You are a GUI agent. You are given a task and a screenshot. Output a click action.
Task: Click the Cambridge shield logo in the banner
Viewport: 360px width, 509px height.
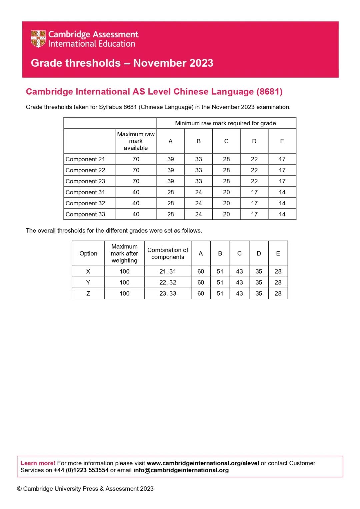click(x=38, y=39)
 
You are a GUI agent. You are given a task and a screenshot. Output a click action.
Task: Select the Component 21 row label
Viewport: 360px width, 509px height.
click(x=85, y=159)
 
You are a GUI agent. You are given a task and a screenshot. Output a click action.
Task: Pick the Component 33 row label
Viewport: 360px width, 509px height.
click(x=85, y=214)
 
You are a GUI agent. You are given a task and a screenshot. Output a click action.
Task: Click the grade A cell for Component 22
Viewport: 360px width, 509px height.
click(x=171, y=170)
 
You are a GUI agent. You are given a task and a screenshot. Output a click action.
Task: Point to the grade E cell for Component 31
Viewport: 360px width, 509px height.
click(x=282, y=192)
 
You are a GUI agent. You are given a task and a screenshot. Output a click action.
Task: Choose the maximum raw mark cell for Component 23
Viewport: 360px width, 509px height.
click(x=136, y=181)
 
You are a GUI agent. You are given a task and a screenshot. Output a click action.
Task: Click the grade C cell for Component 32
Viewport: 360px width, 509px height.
click(x=226, y=203)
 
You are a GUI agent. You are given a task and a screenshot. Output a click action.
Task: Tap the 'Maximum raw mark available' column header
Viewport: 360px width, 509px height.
click(x=136, y=141)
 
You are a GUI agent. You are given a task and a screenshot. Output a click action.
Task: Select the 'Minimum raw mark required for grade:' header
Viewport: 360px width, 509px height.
click(x=226, y=123)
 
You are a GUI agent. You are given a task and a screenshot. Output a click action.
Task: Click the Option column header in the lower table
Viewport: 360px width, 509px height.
click(x=88, y=253)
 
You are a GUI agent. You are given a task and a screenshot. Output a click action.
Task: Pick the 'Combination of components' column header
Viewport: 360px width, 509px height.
click(x=168, y=253)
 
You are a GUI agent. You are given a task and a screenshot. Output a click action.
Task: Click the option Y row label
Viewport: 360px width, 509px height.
click(x=88, y=282)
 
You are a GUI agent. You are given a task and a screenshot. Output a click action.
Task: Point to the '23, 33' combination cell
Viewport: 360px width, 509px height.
click(x=168, y=293)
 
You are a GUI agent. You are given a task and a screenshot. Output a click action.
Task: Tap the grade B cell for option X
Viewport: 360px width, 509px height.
click(x=220, y=271)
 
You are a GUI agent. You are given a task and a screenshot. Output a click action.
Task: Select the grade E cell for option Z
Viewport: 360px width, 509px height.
click(x=278, y=293)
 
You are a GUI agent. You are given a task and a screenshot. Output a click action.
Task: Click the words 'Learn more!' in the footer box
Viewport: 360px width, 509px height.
click(x=38, y=463)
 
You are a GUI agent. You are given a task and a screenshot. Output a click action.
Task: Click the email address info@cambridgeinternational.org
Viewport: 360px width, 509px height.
click(x=181, y=470)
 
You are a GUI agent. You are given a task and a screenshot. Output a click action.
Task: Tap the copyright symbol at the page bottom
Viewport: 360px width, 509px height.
click(x=19, y=489)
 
